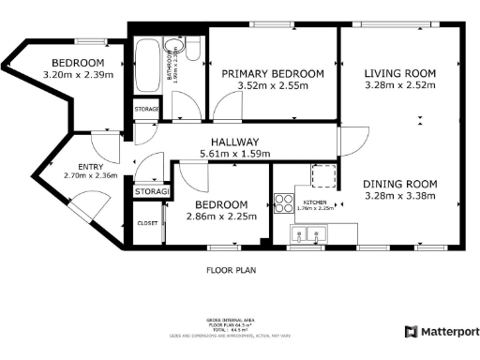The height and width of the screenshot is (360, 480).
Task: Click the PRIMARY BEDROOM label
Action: (272, 73)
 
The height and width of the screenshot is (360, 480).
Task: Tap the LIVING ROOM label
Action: (400, 73)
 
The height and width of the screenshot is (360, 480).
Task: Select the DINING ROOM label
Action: (400, 184)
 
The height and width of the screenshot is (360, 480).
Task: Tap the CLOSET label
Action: (147, 223)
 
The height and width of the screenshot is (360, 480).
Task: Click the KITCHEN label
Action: (313, 202)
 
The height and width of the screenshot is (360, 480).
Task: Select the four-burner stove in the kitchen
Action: (282, 201)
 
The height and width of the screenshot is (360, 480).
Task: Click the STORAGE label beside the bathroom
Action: (147, 110)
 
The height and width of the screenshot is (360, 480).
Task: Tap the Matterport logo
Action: (441, 331)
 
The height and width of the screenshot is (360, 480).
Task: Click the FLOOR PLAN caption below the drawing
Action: (232, 270)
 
